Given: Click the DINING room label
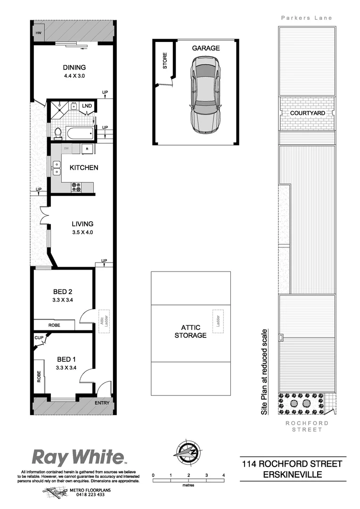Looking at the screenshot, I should (x=74, y=67).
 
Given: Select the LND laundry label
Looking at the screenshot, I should (x=87, y=106).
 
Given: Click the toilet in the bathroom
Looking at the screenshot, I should (x=58, y=133).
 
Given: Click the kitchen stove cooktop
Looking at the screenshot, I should (x=76, y=188).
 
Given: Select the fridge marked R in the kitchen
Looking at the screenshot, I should (x=87, y=149).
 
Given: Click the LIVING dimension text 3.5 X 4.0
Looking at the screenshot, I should (x=82, y=232).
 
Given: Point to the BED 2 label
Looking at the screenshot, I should (x=63, y=291).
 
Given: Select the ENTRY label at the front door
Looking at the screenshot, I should (x=102, y=403).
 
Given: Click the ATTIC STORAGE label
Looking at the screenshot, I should (x=190, y=331).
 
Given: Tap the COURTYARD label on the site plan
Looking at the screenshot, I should (x=307, y=114).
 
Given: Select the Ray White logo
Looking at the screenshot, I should (x=78, y=457).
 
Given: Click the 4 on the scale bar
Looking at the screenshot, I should (x=223, y=475).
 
